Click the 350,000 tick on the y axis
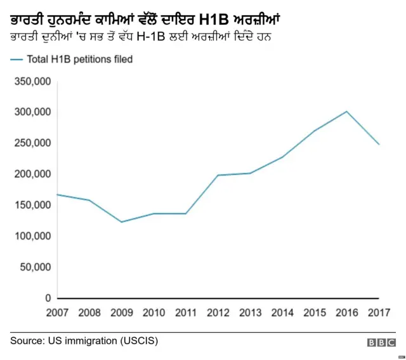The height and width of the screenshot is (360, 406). (x=30, y=81)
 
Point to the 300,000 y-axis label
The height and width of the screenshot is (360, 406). (x=30, y=112)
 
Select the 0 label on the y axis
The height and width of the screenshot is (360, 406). (x=47, y=298)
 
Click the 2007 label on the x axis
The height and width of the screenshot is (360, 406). (x=57, y=312)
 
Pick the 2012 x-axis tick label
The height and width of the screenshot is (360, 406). (x=218, y=312)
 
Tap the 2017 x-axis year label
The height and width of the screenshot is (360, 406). (x=379, y=312)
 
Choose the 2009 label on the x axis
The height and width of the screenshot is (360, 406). (x=122, y=312)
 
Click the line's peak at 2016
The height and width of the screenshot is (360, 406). (x=347, y=112)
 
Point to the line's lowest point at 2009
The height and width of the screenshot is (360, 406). (x=121, y=222)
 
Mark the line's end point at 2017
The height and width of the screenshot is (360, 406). (x=379, y=145)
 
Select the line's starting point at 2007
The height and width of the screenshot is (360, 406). (x=57, y=195)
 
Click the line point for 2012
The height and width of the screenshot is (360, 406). (x=218, y=175)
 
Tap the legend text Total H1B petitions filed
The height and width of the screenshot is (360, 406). (x=79, y=59)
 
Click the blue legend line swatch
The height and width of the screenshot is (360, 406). (x=16, y=59)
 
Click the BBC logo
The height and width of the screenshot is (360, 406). (x=381, y=342)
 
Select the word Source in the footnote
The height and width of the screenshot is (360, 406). (x=27, y=341)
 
